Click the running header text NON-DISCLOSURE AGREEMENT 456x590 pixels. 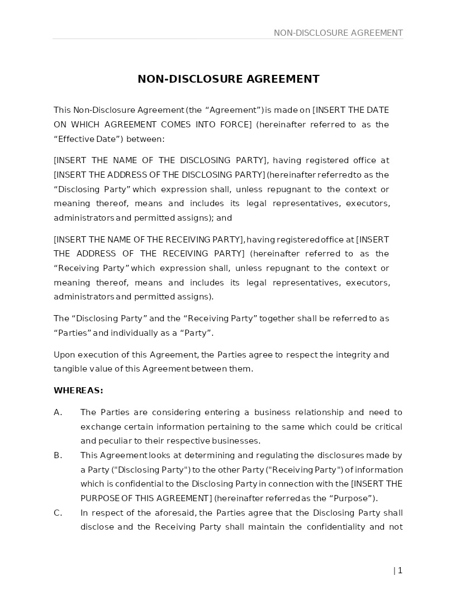pos(338,33)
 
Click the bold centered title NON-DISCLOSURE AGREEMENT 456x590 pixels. pos(228,79)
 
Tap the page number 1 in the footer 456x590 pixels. pos(400,570)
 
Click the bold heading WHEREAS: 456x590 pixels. pos(78,391)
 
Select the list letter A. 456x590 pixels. pos(58,412)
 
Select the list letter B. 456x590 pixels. pos(58,455)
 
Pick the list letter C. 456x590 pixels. pos(58,513)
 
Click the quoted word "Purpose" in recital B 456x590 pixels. pos(353,498)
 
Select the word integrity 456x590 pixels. pos(353,355)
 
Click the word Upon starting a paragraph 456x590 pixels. pos(64,355)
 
